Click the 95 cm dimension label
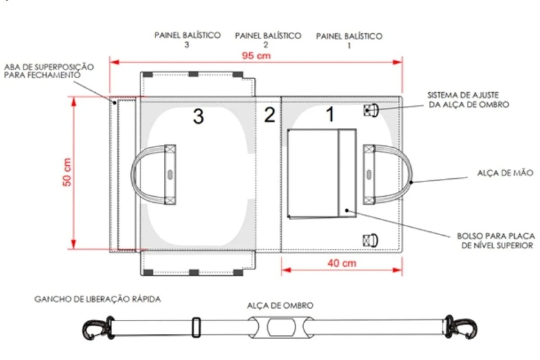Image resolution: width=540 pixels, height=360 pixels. coord(256,56)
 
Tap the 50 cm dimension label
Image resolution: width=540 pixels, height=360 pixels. coord(67,172)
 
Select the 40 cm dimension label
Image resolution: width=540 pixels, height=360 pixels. coord(342,263)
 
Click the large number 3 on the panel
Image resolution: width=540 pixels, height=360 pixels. coord(198,117)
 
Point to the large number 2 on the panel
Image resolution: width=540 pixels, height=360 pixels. coord(270,115)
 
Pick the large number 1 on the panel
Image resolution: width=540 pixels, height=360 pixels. coord(330,114)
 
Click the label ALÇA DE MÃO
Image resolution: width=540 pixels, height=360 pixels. coord(505,173)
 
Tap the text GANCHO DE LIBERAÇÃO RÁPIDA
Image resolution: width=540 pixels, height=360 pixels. coord(98,299)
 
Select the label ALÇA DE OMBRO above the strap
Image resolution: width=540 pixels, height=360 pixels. coord(280,306)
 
